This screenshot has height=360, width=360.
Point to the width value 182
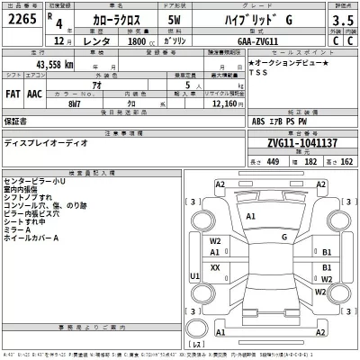[x=311, y=162]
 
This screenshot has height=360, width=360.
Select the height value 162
[x=346, y=162]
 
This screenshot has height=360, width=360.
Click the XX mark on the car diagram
[x=215, y=268]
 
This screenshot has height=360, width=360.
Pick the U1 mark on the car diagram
[x=195, y=276]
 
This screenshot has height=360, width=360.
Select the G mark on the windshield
[x=285, y=238]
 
